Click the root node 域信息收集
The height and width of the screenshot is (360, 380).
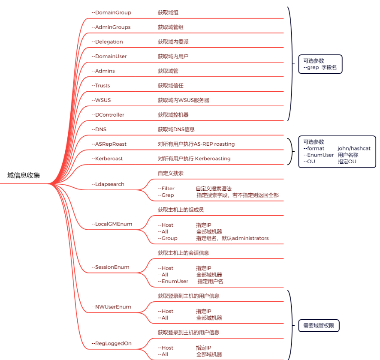tap(24, 175)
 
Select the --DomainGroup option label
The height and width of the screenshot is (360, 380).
tap(111, 12)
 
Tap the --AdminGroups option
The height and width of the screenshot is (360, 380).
tap(111, 27)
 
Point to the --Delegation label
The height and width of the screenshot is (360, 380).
tap(107, 42)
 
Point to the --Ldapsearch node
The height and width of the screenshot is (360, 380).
tap(108, 184)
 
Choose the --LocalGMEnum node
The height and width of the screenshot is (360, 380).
tap(112, 224)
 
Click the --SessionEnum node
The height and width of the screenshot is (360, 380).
tap(110, 267)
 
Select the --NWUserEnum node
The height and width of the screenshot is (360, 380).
tap(111, 307)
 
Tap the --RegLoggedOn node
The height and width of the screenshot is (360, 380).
tap(111, 343)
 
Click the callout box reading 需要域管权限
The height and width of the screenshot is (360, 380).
tap(319, 326)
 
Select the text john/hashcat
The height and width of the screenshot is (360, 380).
tap(354, 148)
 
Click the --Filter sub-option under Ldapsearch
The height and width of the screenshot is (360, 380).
tap(166, 189)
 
